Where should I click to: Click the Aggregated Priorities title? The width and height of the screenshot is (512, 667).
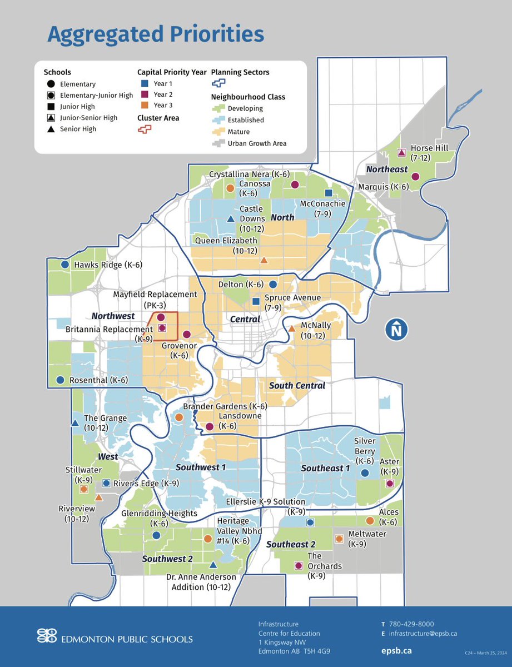click(x=156, y=34)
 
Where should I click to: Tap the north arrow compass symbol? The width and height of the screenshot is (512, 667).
click(x=396, y=330)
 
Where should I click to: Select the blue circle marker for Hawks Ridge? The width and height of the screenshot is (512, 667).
click(x=65, y=265)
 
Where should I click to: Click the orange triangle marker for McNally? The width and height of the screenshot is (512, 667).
click(x=291, y=328)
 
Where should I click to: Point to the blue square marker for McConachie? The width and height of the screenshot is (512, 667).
click(x=329, y=193)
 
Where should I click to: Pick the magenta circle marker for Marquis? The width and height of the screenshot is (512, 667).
click(x=415, y=177)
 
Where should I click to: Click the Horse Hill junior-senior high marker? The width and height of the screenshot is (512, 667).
click(x=401, y=153)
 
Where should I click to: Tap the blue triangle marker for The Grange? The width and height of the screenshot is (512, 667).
click(x=75, y=423)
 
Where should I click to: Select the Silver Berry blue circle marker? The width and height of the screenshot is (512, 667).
click(x=365, y=473)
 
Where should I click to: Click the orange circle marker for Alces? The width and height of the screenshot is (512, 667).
click(x=370, y=521)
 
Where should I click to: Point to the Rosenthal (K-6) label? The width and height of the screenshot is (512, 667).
click(x=98, y=381)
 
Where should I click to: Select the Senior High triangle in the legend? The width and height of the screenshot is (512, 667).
click(x=51, y=129)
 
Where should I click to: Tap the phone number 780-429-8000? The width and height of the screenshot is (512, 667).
click(x=411, y=624)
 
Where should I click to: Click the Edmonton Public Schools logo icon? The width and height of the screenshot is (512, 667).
click(x=47, y=635)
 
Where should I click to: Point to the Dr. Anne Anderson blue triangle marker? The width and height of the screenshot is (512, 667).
click(x=212, y=564)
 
